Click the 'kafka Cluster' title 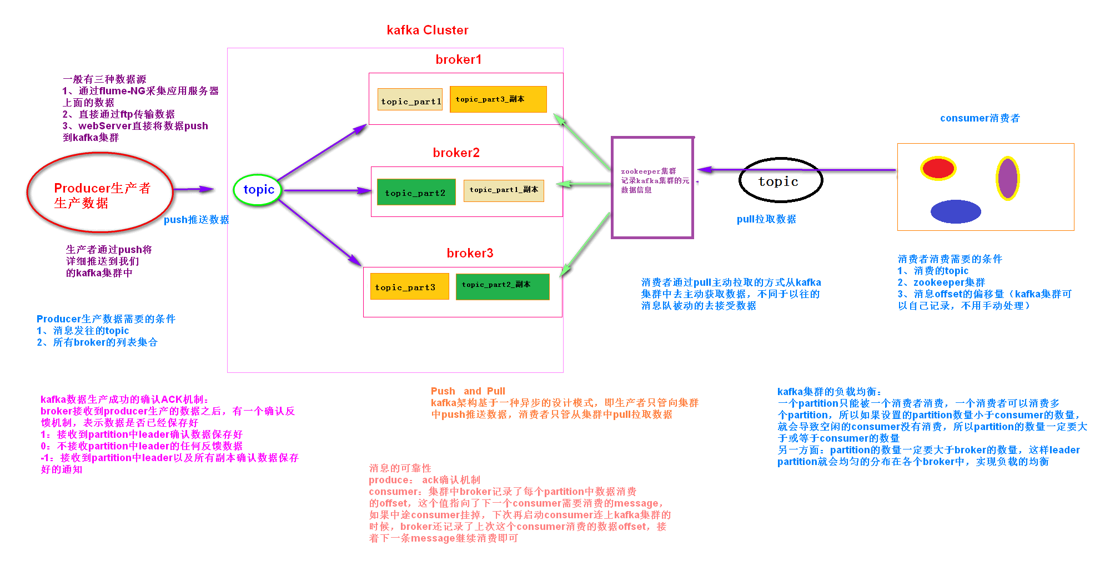(x=427, y=30)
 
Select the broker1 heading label (x=458, y=59)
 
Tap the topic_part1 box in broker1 (x=410, y=100)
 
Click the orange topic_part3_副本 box (x=498, y=99)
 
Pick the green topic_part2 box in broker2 (x=416, y=192)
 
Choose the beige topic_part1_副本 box (x=504, y=190)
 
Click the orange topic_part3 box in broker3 (x=409, y=286)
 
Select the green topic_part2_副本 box (x=503, y=286)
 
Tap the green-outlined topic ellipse (x=258, y=190)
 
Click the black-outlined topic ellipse (x=780, y=180)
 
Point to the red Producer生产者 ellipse (x=101, y=193)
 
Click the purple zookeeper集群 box (x=652, y=188)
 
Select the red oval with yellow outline (x=938, y=168)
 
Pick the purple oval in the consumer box (x=1007, y=179)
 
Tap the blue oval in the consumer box (x=956, y=211)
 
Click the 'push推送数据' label (x=196, y=220)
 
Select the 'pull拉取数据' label (x=766, y=219)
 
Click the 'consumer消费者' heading (x=980, y=118)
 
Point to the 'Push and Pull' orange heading (x=468, y=391)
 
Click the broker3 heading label (x=470, y=253)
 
